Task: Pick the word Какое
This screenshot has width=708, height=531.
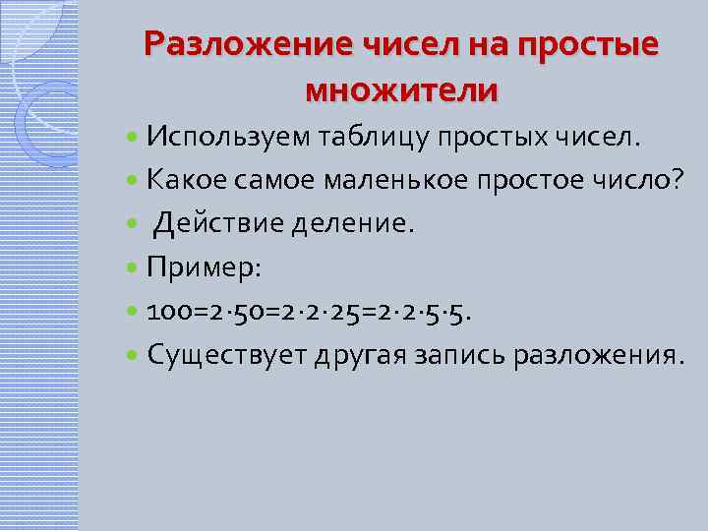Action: pyautogui.click(x=180, y=180)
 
